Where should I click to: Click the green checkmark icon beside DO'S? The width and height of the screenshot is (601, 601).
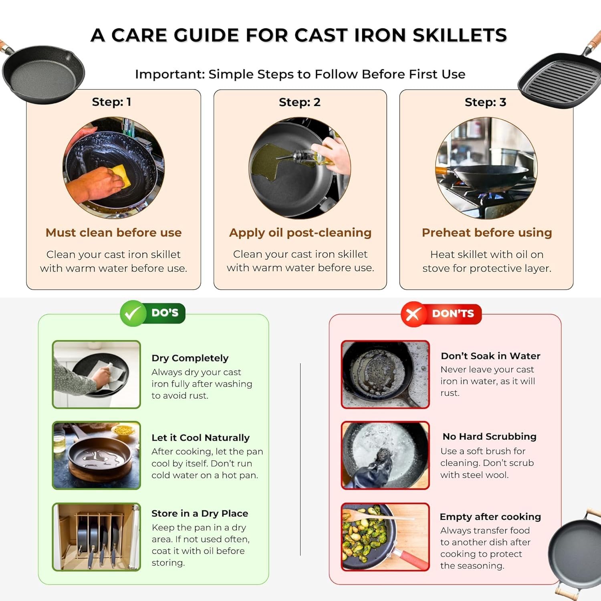pos(132,313)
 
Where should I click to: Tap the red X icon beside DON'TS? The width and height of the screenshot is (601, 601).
pos(413,314)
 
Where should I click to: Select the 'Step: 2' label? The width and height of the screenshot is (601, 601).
pos(300,102)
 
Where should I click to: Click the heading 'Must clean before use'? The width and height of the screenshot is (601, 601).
pos(113,232)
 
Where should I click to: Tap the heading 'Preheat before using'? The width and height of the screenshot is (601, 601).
pos(487,232)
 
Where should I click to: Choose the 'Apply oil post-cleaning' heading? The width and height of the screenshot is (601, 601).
pos(300,232)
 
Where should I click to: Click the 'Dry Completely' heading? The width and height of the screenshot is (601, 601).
pos(190,358)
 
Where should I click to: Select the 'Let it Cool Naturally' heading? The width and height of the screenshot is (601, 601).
pos(200,438)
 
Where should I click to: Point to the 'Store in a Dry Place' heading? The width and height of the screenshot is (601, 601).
pos(200,513)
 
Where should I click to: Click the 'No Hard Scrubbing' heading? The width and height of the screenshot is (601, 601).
pos(489,436)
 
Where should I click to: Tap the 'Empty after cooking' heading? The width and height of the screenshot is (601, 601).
pos(490,516)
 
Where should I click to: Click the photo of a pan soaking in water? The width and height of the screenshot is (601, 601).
pos(385,374)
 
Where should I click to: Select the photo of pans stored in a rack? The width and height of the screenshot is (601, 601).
pos(97,536)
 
